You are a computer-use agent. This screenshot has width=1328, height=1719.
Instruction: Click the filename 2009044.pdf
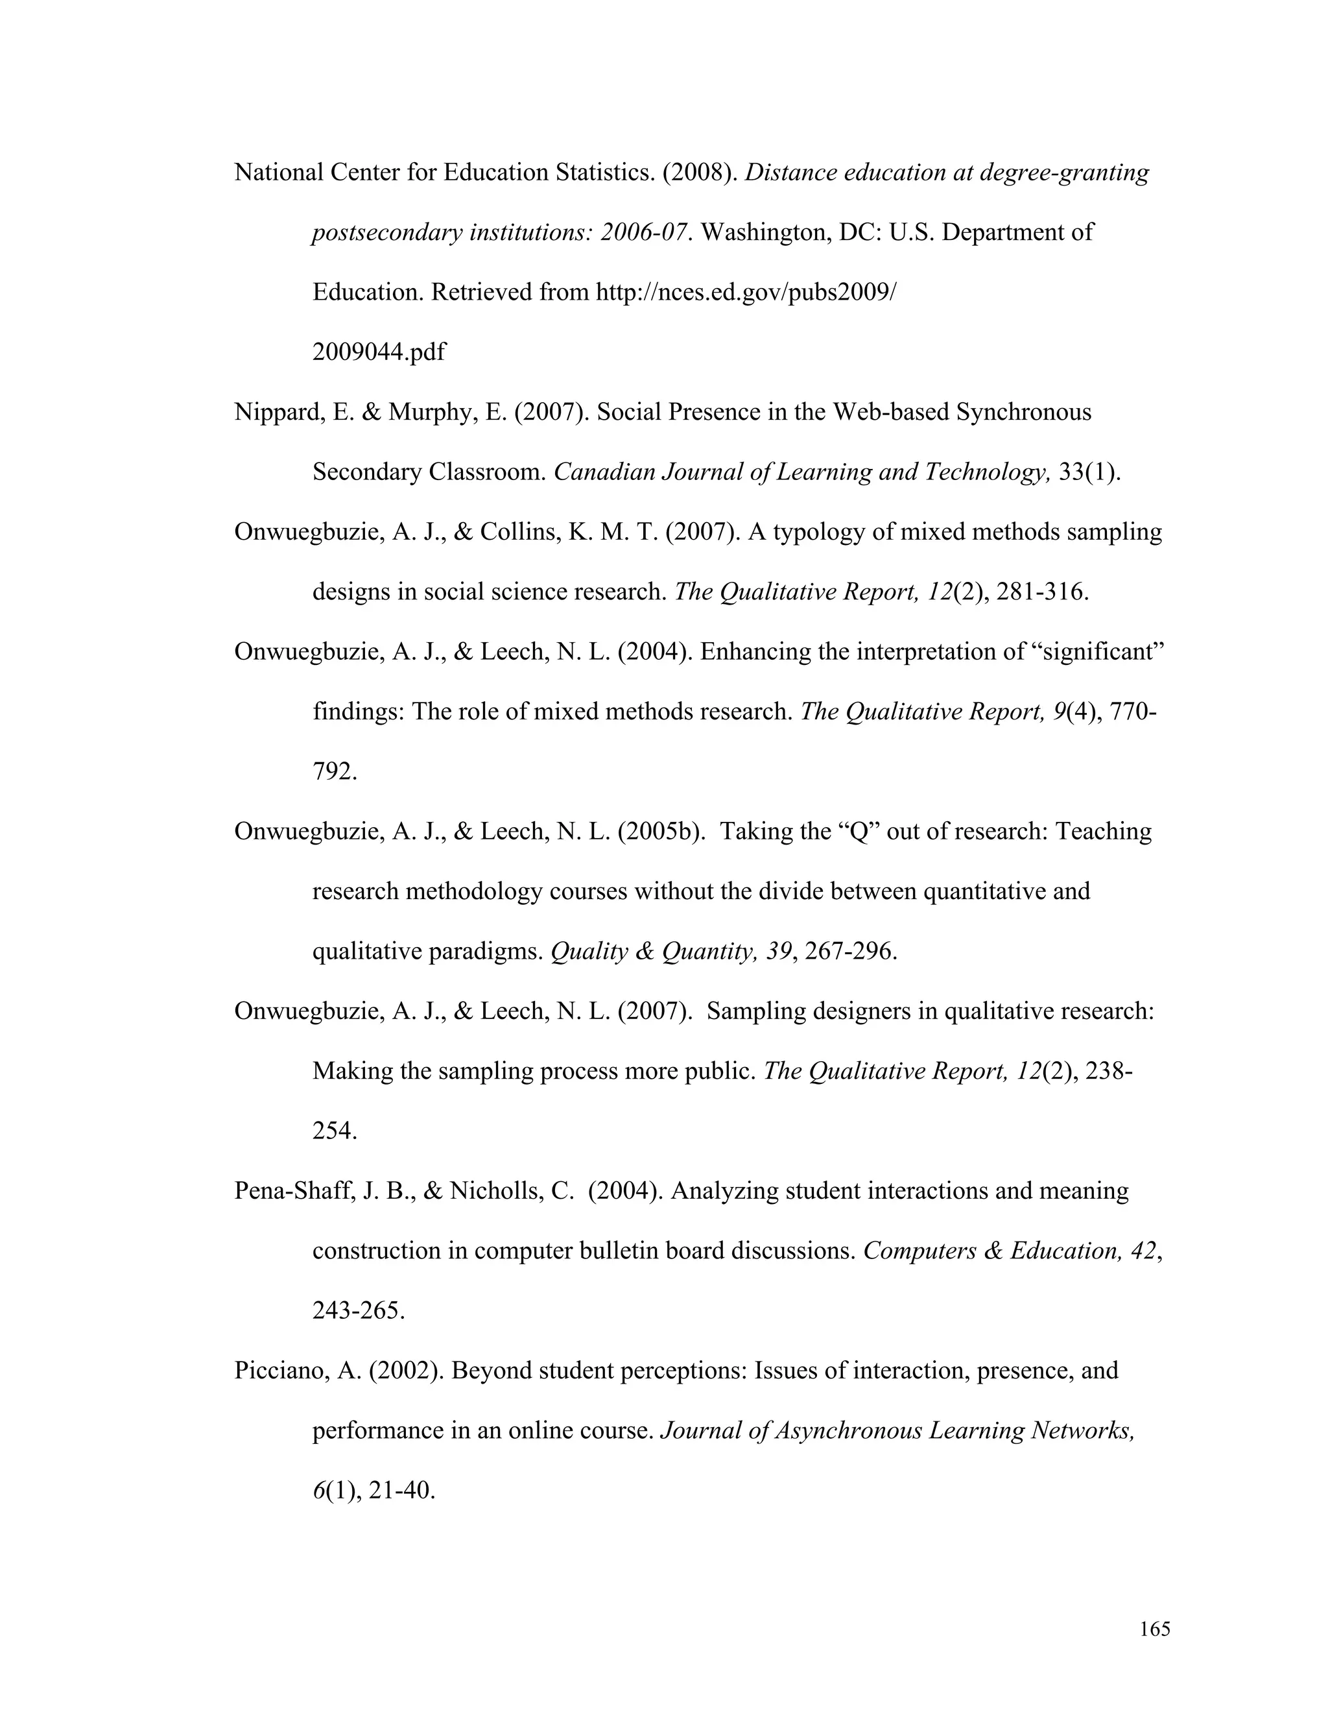(x=379, y=352)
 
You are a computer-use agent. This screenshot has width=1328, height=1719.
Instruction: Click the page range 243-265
(x=358, y=1310)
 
